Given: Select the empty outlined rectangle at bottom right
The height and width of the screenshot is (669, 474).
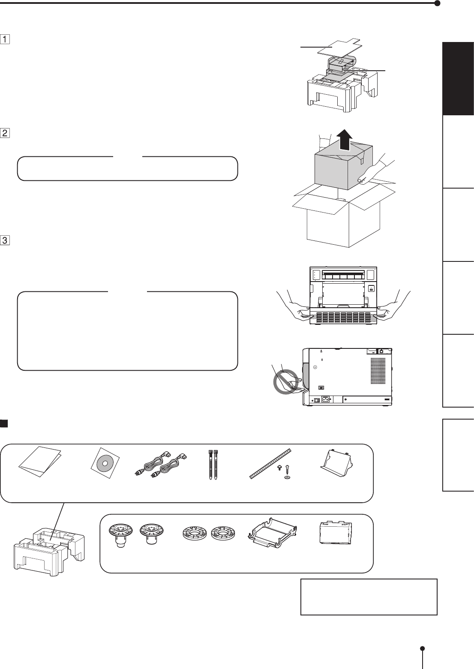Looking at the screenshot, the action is [x=369, y=597].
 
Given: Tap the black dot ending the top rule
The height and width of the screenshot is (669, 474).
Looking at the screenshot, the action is [x=437, y=3].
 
